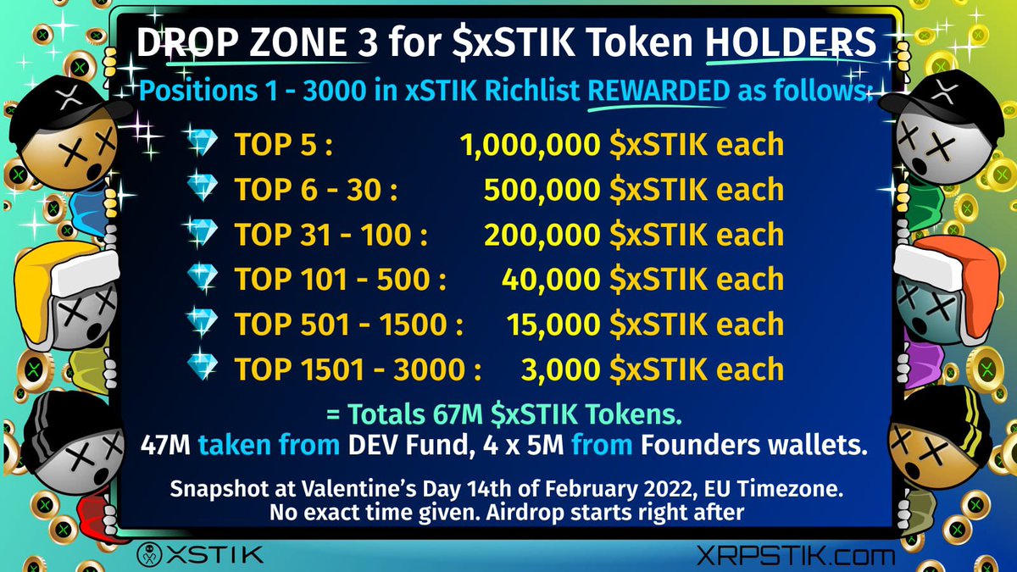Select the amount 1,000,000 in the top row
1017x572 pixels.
click(x=531, y=145)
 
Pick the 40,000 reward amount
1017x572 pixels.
click(x=551, y=280)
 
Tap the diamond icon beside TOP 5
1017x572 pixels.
click(x=203, y=145)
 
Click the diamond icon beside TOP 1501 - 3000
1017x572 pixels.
click(x=203, y=369)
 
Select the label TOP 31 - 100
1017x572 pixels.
click(x=331, y=235)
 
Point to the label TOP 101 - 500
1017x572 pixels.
click(x=340, y=280)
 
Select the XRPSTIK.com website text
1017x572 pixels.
click(x=794, y=556)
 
